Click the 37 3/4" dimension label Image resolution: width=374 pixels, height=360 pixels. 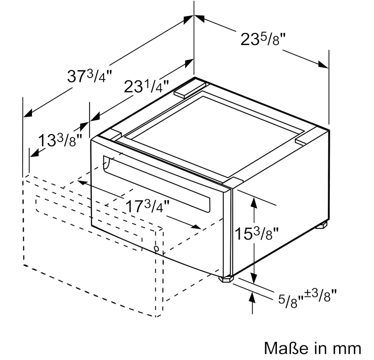(89, 76)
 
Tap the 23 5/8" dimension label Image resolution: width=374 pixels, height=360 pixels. (263, 39)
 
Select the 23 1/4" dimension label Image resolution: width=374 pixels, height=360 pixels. (146, 86)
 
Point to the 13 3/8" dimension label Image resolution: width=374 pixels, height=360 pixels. (60, 140)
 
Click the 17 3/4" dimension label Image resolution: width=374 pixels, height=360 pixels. (147, 206)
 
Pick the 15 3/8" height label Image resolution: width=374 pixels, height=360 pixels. (257, 233)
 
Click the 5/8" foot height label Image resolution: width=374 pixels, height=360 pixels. (291, 302)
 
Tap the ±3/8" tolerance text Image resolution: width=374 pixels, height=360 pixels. (320, 296)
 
